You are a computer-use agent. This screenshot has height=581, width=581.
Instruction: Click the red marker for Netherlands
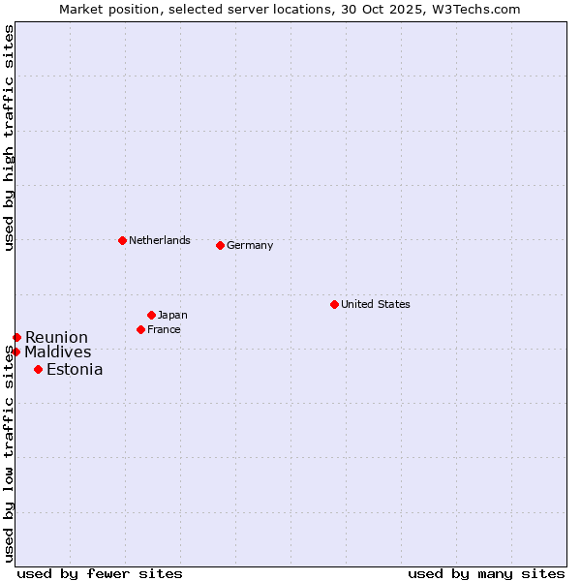point(122,240)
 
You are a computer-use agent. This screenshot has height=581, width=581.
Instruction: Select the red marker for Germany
point(220,245)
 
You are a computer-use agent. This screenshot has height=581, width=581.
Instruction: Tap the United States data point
point(334,304)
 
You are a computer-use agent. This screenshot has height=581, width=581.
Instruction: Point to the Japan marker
point(151,315)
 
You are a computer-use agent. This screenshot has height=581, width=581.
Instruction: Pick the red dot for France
point(140,329)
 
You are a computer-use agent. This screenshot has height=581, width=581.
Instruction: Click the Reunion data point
point(16,337)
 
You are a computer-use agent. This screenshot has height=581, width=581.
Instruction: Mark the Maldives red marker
point(15,352)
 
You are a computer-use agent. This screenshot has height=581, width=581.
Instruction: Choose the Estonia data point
point(38,369)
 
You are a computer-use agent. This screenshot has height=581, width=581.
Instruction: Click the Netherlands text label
point(159,240)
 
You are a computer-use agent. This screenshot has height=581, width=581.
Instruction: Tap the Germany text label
point(250,245)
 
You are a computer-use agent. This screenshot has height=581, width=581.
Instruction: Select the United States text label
point(375,304)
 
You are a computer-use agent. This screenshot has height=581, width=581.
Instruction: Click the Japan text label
point(172,315)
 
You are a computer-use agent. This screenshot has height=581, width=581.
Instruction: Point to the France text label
point(164,329)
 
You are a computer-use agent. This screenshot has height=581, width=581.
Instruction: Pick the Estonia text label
point(75,369)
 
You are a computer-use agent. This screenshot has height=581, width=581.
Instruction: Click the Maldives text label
point(58,352)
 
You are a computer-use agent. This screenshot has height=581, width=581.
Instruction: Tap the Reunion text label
point(56,337)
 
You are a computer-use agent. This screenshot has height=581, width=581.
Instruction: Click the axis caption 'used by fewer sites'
point(100,573)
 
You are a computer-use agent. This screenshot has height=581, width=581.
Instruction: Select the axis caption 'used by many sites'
point(486,573)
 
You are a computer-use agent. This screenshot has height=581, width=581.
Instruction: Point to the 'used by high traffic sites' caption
point(10,138)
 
